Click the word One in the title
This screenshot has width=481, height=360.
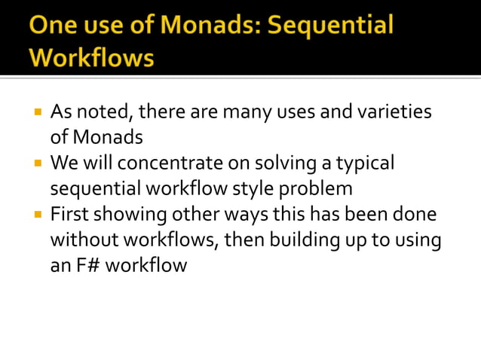tap(54, 26)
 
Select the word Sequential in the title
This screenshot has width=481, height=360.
tap(332, 26)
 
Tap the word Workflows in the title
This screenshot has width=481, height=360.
tap(91, 56)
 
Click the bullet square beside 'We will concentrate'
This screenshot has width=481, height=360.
tap(37, 162)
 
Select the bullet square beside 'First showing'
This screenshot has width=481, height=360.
tap(37, 213)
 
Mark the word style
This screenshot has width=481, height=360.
tap(240, 188)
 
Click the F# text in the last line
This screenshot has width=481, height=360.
tap(88, 265)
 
